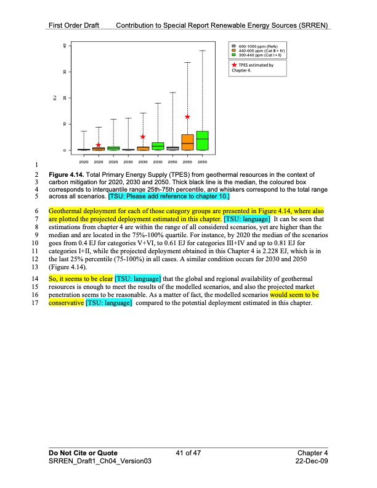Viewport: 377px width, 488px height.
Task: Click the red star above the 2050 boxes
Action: [187, 116]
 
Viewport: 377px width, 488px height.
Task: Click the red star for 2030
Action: [143, 137]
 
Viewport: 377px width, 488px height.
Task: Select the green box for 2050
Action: [202, 140]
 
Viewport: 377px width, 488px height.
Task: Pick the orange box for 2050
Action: [187, 142]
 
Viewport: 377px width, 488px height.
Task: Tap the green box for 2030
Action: [158, 146]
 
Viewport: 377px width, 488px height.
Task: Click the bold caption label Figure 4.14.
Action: [68, 175]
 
